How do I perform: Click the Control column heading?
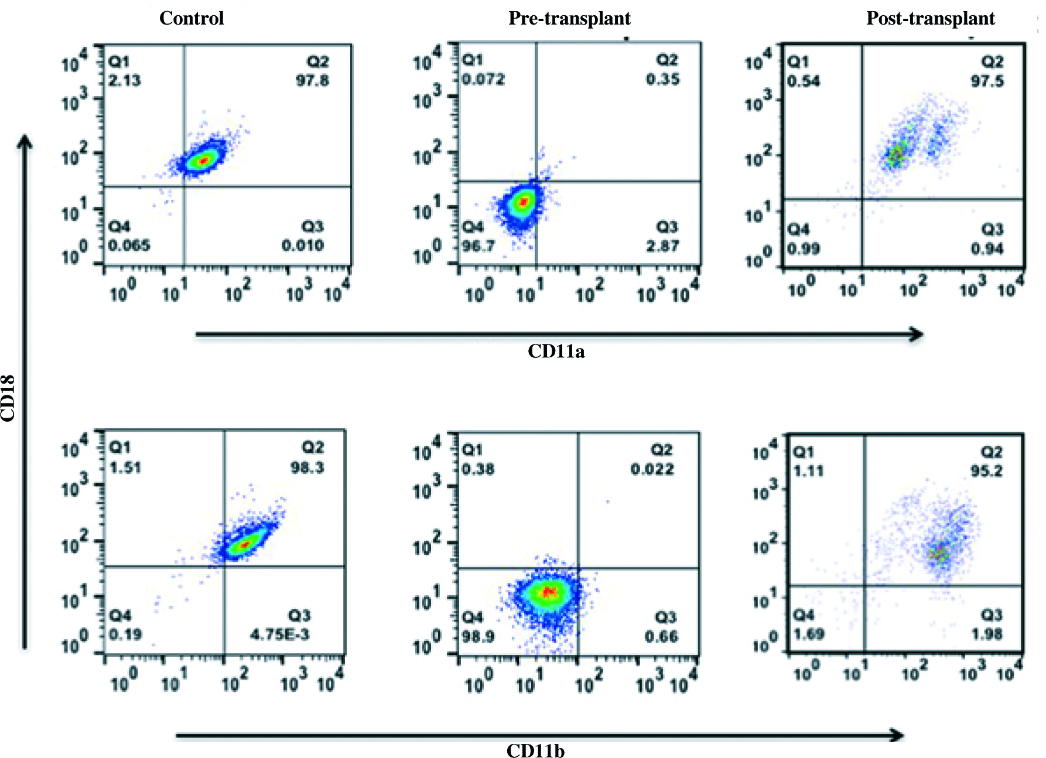pyautogui.click(x=192, y=18)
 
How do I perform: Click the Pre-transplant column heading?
pyautogui.click(x=569, y=18)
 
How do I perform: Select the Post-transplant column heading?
pyautogui.click(x=930, y=18)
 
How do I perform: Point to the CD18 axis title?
pyautogui.click(x=8, y=398)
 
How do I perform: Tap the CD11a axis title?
pyautogui.click(x=556, y=351)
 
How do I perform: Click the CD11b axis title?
pyautogui.click(x=535, y=750)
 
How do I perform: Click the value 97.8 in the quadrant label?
pyautogui.click(x=312, y=80)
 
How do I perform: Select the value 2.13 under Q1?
pyautogui.click(x=125, y=80)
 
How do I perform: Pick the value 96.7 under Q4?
pyautogui.click(x=478, y=246)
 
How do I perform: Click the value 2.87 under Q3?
pyautogui.click(x=663, y=246)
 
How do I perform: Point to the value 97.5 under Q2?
pyautogui.click(x=987, y=81)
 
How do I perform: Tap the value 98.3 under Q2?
pyautogui.click(x=307, y=467)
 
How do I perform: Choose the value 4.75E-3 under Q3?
pyautogui.click(x=280, y=634)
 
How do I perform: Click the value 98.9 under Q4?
pyautogui.click(x=478, y=636)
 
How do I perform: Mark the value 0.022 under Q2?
pyautogui.click(x=652, y=469)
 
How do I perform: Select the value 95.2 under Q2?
pyautogui.click(x=986, y=471)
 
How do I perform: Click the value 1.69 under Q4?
pyautogui.click(x=809, y=634)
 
